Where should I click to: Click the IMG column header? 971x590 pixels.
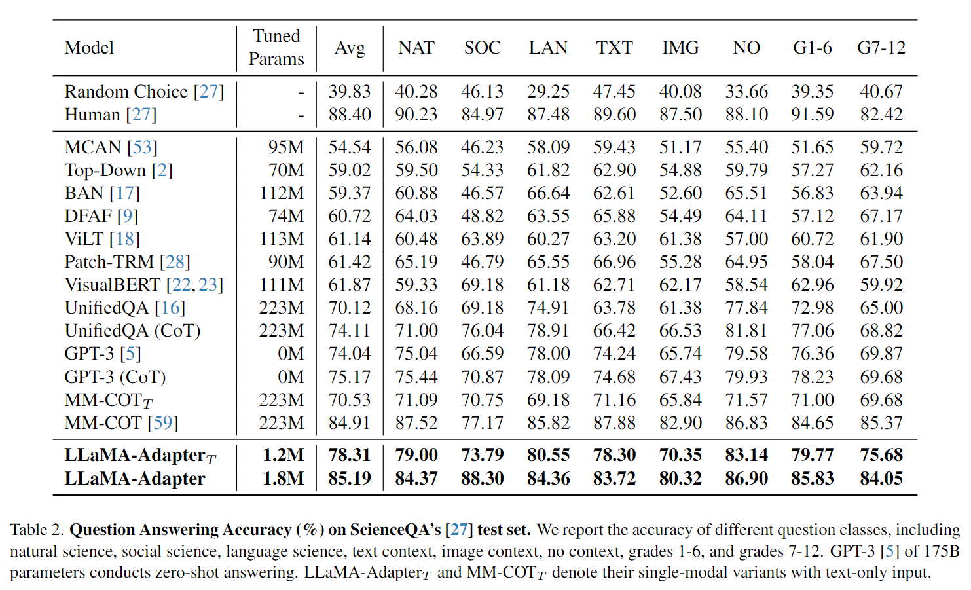coord(680,48)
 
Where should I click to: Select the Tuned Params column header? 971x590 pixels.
coord(276,47)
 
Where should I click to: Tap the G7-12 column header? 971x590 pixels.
coord(881,48)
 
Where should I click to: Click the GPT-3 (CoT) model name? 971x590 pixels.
coord(115,377)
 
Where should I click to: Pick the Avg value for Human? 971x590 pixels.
coord(350,115)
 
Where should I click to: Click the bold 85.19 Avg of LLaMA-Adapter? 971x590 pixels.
coord(350,478)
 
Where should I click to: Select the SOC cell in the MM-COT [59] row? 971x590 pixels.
coord(482,422)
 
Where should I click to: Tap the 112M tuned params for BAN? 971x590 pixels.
coord(282,193)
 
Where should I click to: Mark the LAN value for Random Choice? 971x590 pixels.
coord(548,92)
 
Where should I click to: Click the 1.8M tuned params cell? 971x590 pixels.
coord(284,478)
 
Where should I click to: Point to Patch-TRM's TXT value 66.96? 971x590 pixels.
coord(614,262)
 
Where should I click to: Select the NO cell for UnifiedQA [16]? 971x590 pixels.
coord(746,308)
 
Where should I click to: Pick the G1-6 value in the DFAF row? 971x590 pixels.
coord(813,216)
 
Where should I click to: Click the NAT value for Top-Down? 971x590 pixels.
coord(416,170)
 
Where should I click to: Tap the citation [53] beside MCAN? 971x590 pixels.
coord(142,147)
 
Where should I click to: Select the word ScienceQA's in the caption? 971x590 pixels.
coord(395,530)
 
